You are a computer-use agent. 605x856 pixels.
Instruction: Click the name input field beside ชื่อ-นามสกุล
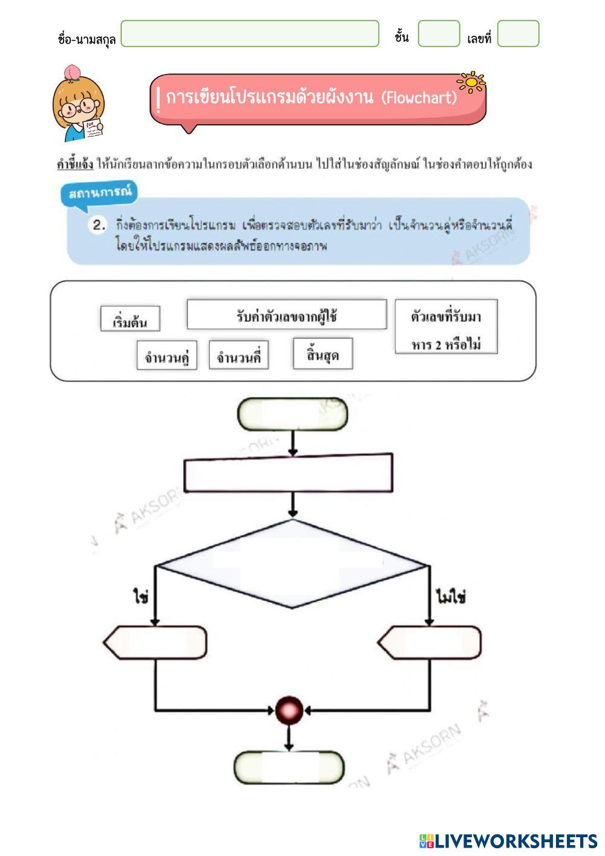(x=250, y=34)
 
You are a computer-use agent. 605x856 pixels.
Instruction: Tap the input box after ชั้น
(x=439, y=34)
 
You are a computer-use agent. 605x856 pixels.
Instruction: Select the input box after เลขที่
(x=518, y=34)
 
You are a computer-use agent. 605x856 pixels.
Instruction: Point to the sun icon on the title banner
(x=471, y=82)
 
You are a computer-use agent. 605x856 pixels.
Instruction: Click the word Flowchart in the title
(x=419, y=97)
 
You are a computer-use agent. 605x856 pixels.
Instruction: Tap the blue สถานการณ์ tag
(x=100, y=194)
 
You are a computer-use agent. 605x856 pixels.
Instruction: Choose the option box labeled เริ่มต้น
(x=130, y=319)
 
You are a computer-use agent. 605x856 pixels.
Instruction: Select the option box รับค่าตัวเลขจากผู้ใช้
(x=286, y=315)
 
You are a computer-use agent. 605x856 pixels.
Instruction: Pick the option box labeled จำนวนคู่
(x=166, y=355)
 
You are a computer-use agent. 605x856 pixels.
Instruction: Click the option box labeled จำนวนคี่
(x=238, y=355)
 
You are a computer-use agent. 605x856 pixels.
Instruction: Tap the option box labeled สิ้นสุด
(x=322, y=354)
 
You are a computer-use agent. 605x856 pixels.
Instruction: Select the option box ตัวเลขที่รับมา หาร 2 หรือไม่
(x=446, y=328)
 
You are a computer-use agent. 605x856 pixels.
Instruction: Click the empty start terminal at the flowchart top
(x=293, y=415)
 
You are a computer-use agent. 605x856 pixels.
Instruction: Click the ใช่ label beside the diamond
(x=141, y=598)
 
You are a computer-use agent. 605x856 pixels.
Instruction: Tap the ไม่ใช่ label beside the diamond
(x=450, y=598)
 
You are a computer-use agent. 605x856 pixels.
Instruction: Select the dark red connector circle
(x=289, y=709)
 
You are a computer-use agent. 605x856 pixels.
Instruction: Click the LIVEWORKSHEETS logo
(x=508, y=840)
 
